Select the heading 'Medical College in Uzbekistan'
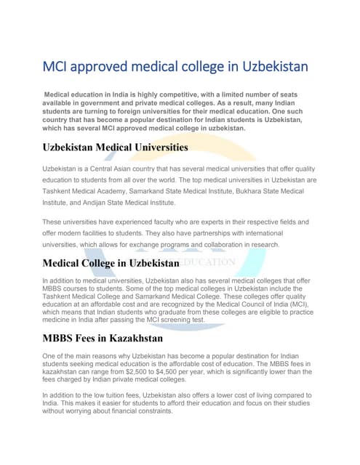point(111,263)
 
